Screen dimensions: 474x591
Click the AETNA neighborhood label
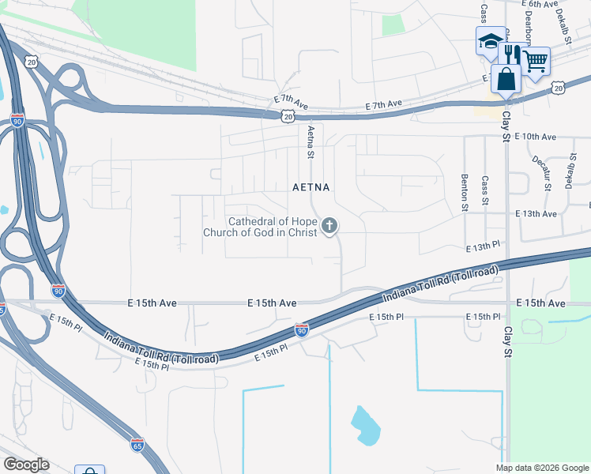tap(311, 188)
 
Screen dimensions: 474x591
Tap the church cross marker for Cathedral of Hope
tap(329, 228)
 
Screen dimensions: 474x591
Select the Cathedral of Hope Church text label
tap(260, 228)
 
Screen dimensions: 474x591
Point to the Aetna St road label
tap(311, 142)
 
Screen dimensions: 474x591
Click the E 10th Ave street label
tap(535, 137)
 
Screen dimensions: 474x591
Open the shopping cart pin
tap(536, 61)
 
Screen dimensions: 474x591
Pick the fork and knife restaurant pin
tap(512, 53)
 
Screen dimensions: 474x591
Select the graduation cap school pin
tap(490, 41)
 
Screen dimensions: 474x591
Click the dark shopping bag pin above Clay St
tap(506, 79)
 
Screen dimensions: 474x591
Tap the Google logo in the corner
tap(26, 465)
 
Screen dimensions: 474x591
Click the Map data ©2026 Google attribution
tap(542, 468)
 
